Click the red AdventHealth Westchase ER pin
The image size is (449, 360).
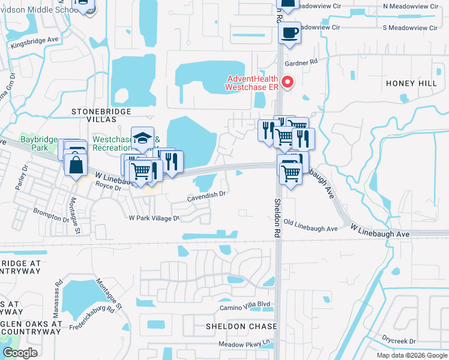coord(288,82)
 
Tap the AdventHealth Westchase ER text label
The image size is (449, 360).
coord(252,83)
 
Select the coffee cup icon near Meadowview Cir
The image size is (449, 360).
coord(291,33)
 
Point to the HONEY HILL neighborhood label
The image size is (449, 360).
coord(411,83)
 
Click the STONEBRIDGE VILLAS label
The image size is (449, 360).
coord(100,116)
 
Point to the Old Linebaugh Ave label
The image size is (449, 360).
coord(310,229)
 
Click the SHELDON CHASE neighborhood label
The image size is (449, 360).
coord(241,326)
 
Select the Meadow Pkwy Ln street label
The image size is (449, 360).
coord(244,344)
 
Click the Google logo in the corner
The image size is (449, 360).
coord(20,352)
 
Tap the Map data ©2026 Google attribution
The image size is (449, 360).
coord(412,355)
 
